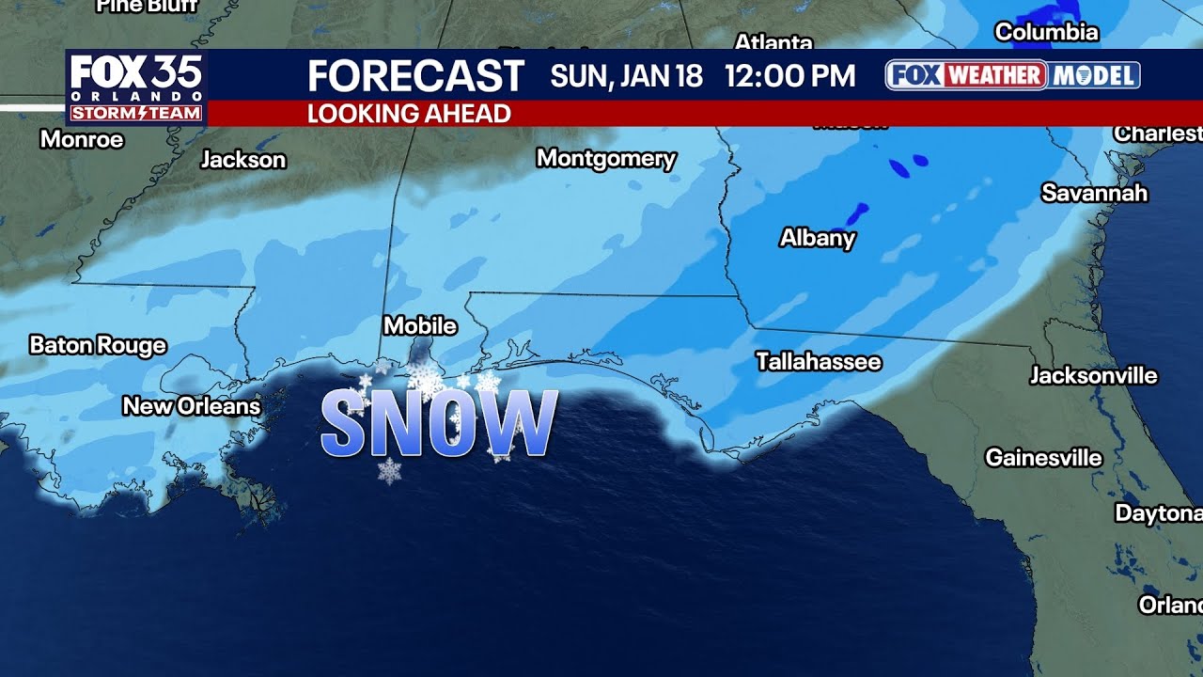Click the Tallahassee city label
[819, 362]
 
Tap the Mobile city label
[420, 326]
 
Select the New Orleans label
[192, 406]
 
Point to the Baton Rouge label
[98, 345]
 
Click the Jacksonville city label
[1093, 376]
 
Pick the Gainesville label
[1043, 458]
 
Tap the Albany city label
[818, 238]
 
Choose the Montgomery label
[606, 158]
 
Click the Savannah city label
[1094, 193]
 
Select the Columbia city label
[1046, 32]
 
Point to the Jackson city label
[242, 160]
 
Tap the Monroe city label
[82, 140]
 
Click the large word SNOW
[439, 423]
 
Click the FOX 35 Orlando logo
[136, 87]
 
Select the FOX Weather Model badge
[1012, 75]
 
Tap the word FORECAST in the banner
[415, 76]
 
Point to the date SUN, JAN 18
[626, 76]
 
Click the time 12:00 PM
[789, 76]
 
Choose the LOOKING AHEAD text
[409, 114]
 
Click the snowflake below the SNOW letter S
[389, 470]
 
